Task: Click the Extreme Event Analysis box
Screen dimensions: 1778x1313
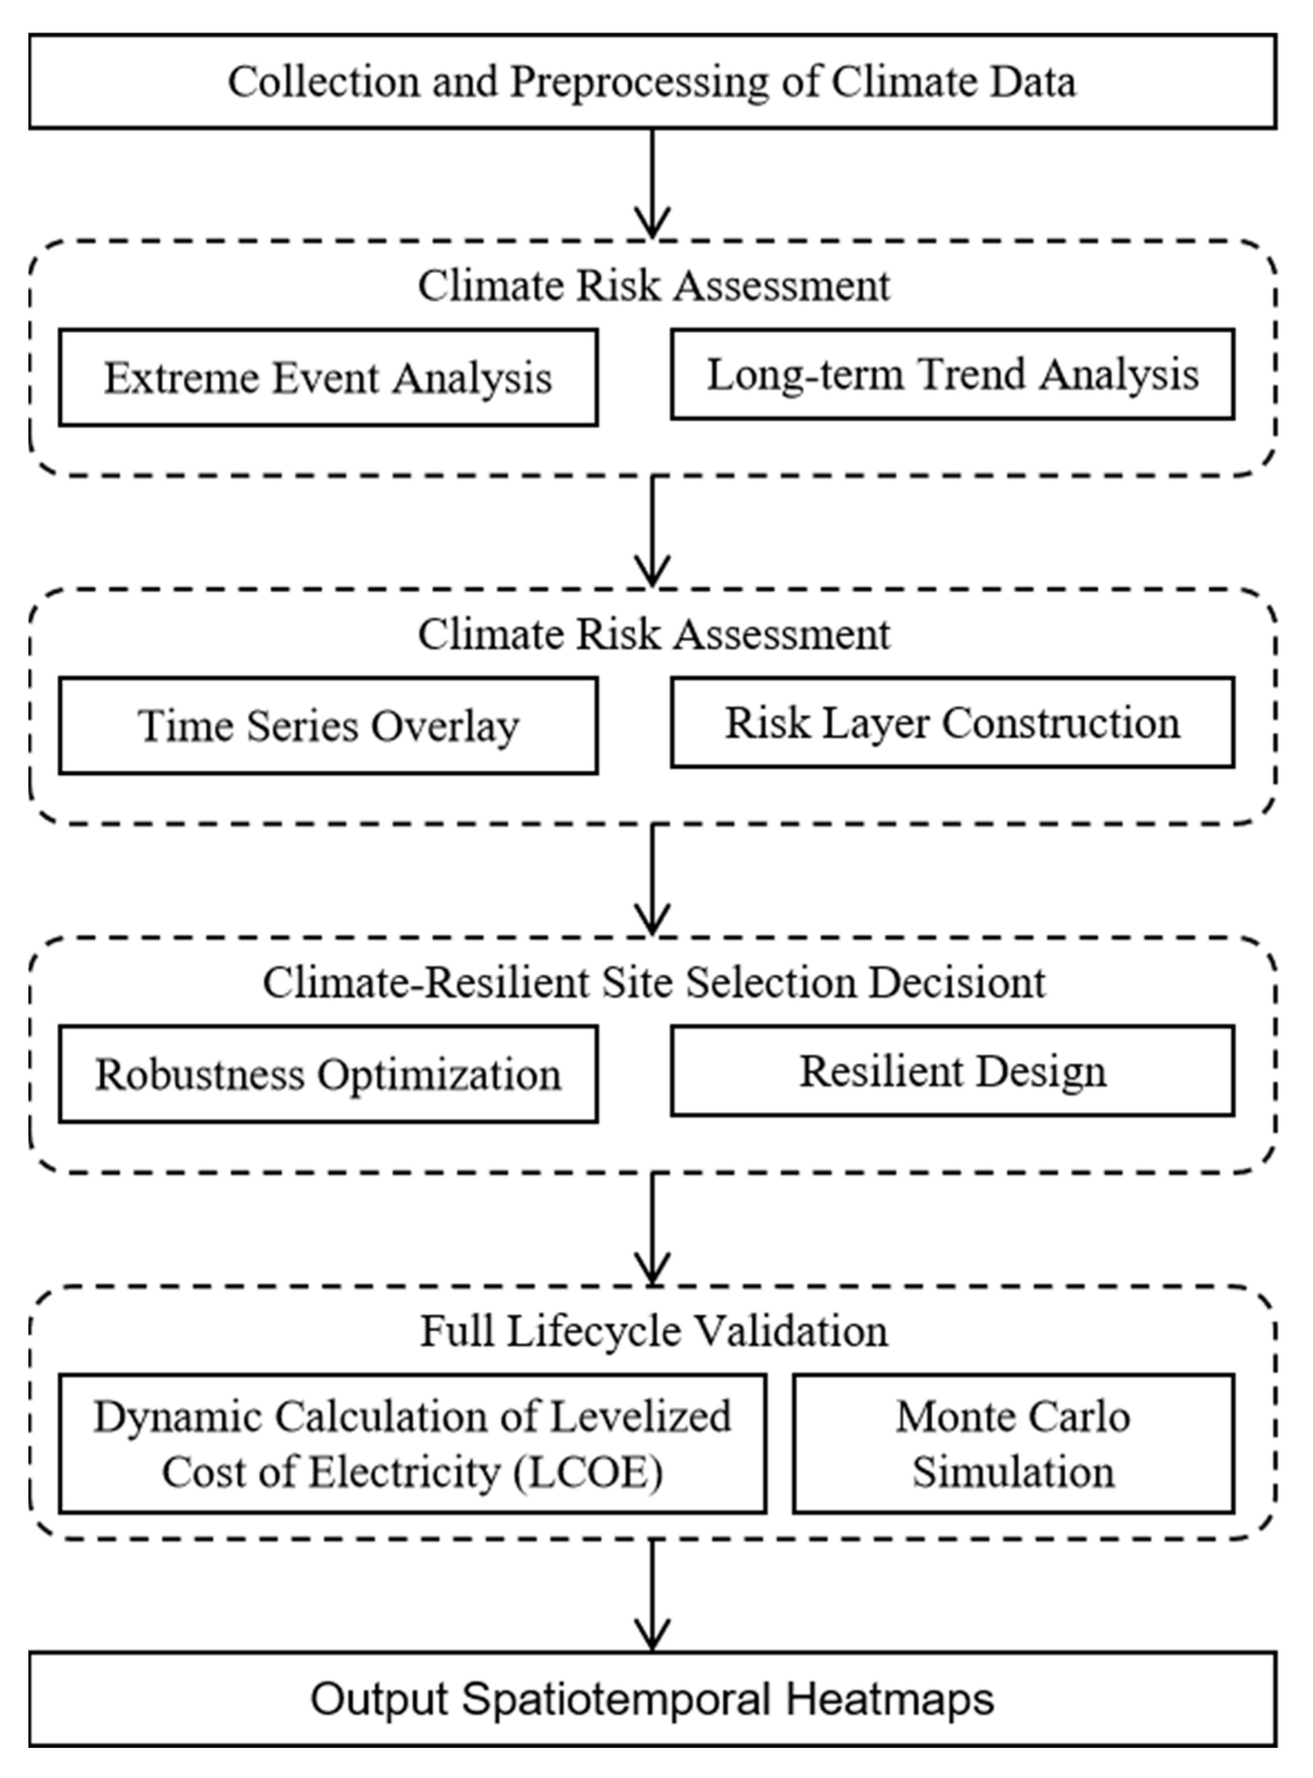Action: tap(327, 377)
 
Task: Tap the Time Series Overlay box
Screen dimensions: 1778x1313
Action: tap(327, 725)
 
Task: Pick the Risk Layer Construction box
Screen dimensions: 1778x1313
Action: tap(952, 723)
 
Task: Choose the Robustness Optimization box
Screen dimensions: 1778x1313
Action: tap(327, 1074)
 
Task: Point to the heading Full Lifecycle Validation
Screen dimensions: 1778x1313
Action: tap(653, 1331)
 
